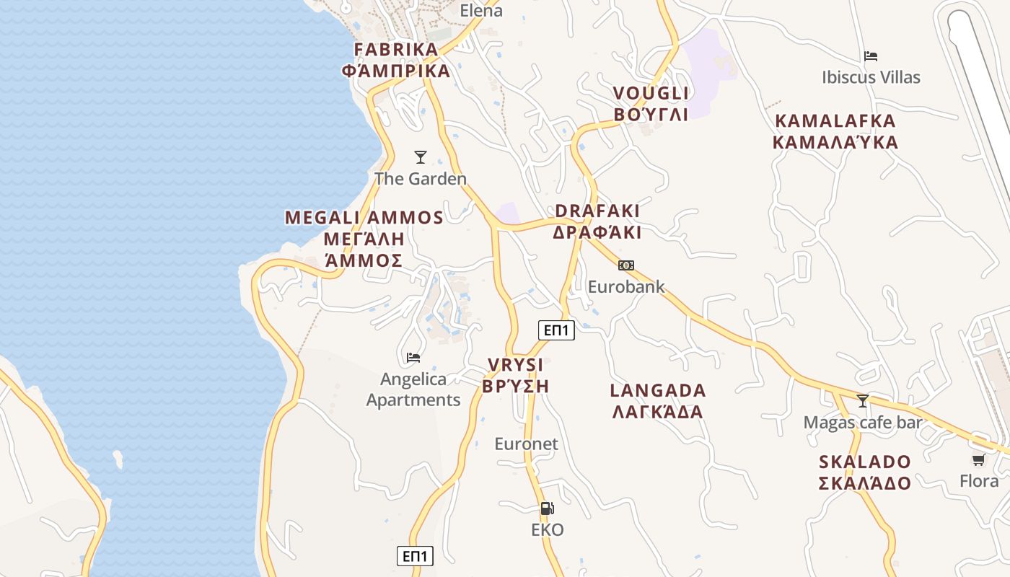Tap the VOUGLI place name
pos(651,103)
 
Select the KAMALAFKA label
pos(835,131)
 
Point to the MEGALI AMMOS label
pos(364,239)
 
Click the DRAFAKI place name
pos(597,221)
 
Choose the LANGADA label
pos(657,401)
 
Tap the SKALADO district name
pos(864,472)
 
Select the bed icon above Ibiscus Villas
pos(871,56)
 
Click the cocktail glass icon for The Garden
pos(421,157)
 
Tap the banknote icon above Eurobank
pos(625,265)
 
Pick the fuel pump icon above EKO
pos(548,508)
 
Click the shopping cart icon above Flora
pos(978,459)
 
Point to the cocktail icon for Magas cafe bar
pos(862,401)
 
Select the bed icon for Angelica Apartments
pos(413,357)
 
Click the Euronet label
pos(526,444)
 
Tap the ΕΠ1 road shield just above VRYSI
pos(556,330)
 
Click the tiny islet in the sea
pos(118,459)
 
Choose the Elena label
pos(481,10)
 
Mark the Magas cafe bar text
pos(863,422)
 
